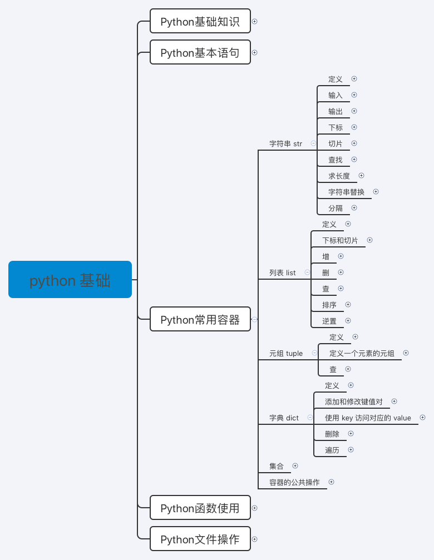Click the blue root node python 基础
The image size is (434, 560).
[x=70, y=280]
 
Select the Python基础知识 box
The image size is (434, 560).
[x=200, y=22]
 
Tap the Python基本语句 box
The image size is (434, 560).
[x=200, y=53]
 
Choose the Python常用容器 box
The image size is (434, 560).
[x=200, y=319]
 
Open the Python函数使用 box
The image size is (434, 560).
[x=200, y=508]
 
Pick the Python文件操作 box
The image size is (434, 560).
[x=200, y=539]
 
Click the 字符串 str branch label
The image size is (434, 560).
[x=285, y=143]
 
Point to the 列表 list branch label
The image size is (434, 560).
[x=283, y=272]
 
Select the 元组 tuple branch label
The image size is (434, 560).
[x=286, y=353]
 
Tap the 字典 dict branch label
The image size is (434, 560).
[x=284, y=418]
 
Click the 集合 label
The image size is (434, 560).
[x=277, y=466]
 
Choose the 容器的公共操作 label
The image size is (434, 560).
[x=294, y=482]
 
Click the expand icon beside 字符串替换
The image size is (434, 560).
[x=376, y=191]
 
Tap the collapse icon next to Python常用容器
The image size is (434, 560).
[x=255, y=319]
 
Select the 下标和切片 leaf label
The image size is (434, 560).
[x=340, y=240]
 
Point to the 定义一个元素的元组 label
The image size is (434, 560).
[x=362, y=353]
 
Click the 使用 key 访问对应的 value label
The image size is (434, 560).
[x=368, y=418]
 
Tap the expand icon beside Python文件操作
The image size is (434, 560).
[x=255, y=539]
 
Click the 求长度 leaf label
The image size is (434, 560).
[x=339, y=176]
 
